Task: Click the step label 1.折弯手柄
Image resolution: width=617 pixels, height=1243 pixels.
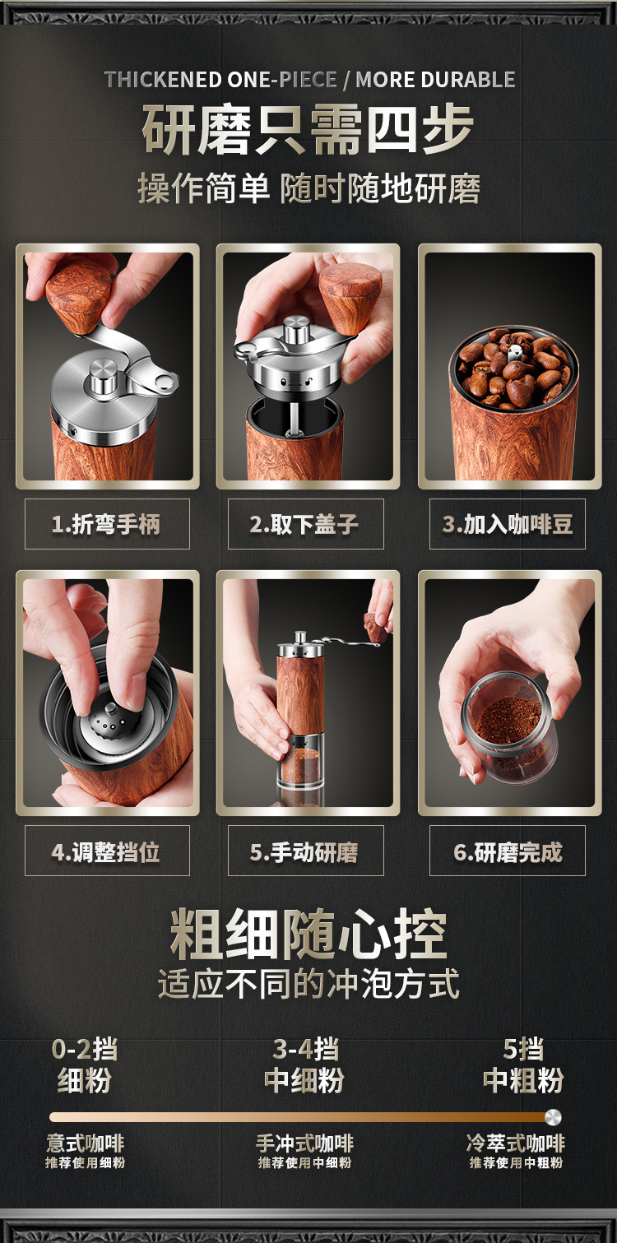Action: pyautogui.click(x=106, y=524)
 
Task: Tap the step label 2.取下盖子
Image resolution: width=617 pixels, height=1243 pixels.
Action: pyautogui.click(x=304, y=524)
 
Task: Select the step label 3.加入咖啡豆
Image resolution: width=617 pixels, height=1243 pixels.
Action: pyautogui.click(x=508, y=524)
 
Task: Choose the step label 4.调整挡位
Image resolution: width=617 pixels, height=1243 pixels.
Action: pyautogui.click(x=106, y=851)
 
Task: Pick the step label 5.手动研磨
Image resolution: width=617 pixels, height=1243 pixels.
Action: pyautogui.click(x=304, y=851)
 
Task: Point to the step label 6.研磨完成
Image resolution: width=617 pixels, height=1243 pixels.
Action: pyautogui.click(x=508, y=851)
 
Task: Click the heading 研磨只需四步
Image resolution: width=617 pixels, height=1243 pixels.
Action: pyautogui.click(x=308, y=130)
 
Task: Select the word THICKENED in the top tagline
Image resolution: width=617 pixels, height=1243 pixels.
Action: pyautogui.click(x=163, y=80)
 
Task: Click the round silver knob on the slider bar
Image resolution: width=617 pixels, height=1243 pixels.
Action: pyautogui.click(x=553, y=1117)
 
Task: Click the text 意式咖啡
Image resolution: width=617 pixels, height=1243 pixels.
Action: pyautogui.click(x=85, y=1143)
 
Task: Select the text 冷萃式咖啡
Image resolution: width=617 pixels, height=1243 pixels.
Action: pyautogui.click(x=516, y=1143)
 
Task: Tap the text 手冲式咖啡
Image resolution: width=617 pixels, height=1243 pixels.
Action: pyautogui.click(x=304, y=1143)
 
